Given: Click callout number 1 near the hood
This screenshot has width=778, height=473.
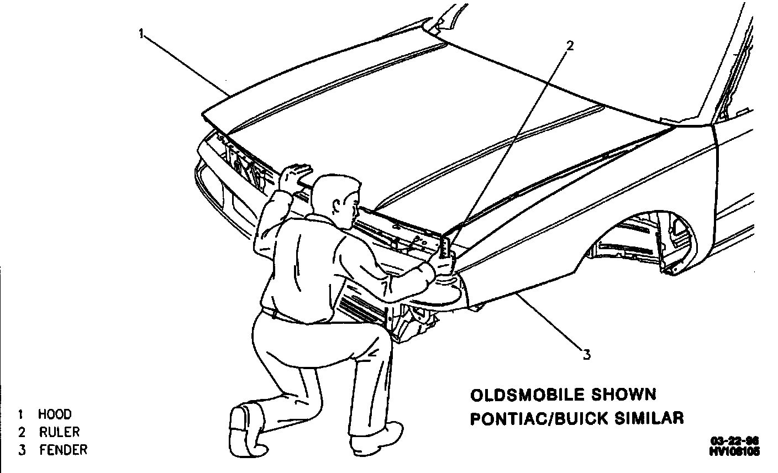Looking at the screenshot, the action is coord(141,34).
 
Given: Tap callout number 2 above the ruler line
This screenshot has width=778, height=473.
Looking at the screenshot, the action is coord(570,45).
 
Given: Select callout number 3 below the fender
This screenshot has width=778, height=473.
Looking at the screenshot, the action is coord(586,353).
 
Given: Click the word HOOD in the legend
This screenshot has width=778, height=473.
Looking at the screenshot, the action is coord(55,414).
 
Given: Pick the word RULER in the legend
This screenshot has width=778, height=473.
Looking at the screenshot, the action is coord(59,432).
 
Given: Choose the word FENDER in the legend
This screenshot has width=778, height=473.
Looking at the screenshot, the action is coord(63,450).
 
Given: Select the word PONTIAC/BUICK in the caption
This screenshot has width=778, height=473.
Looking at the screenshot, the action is coord(536,418).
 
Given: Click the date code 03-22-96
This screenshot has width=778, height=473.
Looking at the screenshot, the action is coord(734,441).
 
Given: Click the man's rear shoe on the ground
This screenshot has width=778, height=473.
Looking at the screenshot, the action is coord(244,425).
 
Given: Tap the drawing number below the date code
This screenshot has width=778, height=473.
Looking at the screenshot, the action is coord(734,451).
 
